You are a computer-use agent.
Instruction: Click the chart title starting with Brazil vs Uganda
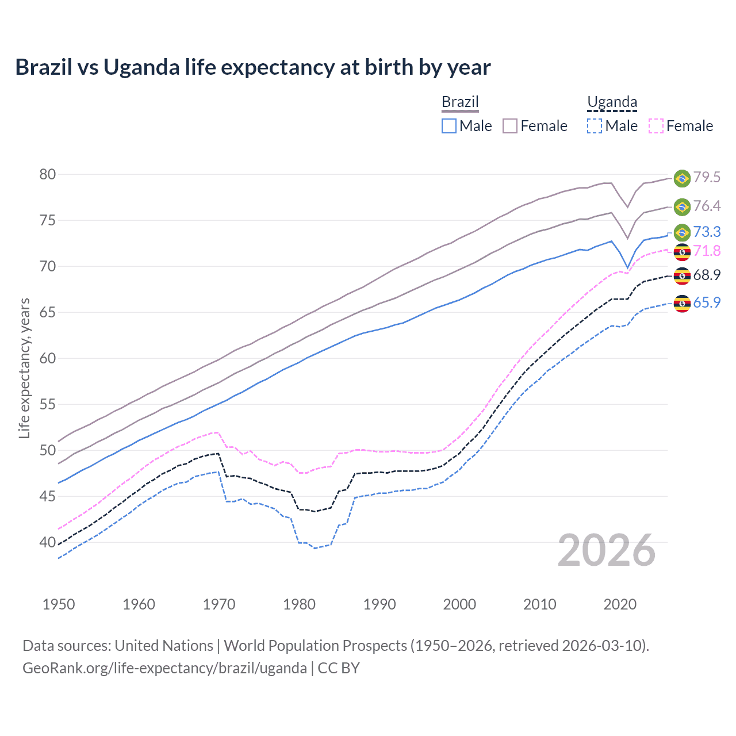coord(253,67)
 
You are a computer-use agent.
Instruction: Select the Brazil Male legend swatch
coord(449,126)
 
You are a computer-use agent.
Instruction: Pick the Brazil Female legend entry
coord(535,126)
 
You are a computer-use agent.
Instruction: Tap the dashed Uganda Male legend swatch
coord(595,126)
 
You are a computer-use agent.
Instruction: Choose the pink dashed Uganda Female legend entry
coord(681,126)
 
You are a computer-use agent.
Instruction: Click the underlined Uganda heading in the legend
coord(612,102)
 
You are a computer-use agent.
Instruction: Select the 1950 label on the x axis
coord(59,604)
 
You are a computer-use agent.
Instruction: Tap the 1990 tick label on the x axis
coord(379,604)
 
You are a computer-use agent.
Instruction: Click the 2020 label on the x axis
coord(620,604)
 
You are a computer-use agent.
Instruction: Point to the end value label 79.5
coord(707,178)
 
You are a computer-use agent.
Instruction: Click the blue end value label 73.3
coord(707,232)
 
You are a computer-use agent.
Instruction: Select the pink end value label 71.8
coord(707,251)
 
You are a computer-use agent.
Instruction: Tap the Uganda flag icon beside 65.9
coord(682,303)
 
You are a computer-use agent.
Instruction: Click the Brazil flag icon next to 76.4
coord(682,206)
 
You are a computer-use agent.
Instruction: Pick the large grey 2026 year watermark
coord(607,550)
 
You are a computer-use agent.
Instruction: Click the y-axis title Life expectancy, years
coord(24,368)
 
